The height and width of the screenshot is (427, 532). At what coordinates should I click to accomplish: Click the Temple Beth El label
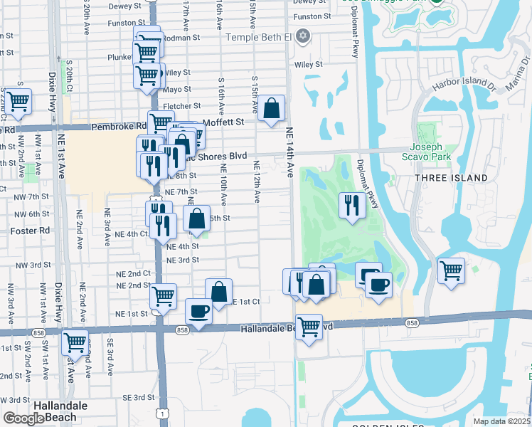(x=259, y=36)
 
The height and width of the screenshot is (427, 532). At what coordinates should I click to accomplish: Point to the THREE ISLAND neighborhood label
(x=452, y=178)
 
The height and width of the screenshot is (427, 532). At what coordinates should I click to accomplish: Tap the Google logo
(x=23, y=418)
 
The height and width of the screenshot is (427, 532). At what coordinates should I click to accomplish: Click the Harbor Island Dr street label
(x=464, y=86)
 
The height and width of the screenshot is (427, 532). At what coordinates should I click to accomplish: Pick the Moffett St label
(x=223, y=122)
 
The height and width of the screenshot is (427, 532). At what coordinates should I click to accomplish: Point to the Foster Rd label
(x=31, y=231)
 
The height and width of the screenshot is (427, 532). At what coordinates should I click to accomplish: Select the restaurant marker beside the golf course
(x=351, y=205)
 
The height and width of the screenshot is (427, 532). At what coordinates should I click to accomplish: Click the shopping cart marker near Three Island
(x=451, y=270)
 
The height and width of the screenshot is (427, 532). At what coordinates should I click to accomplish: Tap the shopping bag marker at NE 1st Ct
(x=219, y=291)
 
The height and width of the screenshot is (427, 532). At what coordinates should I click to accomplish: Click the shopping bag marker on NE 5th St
(x=196, y=218)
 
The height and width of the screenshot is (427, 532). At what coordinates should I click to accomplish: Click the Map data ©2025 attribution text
(x=502, y=421)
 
